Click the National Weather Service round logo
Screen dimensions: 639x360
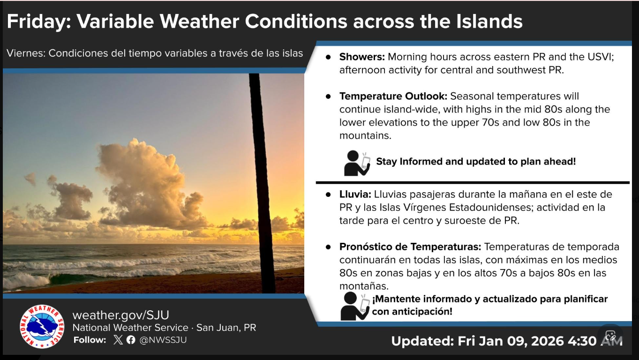coord(42,327)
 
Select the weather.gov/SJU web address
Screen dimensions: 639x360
coord(120,315)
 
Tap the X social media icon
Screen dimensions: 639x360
coord(118,340)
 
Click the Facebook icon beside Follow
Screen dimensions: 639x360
coord(131,340)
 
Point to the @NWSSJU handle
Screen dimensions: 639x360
coord(163,340)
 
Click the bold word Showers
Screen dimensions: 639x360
coord(362,57)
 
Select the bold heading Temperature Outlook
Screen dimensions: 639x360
coord(393,97)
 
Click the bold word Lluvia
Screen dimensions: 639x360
coord(355,194)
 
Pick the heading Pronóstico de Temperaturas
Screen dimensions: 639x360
coord(410,247)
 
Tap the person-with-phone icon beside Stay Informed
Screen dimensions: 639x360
coord(357,163)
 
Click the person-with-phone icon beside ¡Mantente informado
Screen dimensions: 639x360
coord(354,307)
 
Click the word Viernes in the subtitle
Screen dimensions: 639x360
coord(26,53)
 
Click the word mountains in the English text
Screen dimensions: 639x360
coord(365,135)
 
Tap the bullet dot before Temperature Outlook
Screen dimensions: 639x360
coord(328,97)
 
